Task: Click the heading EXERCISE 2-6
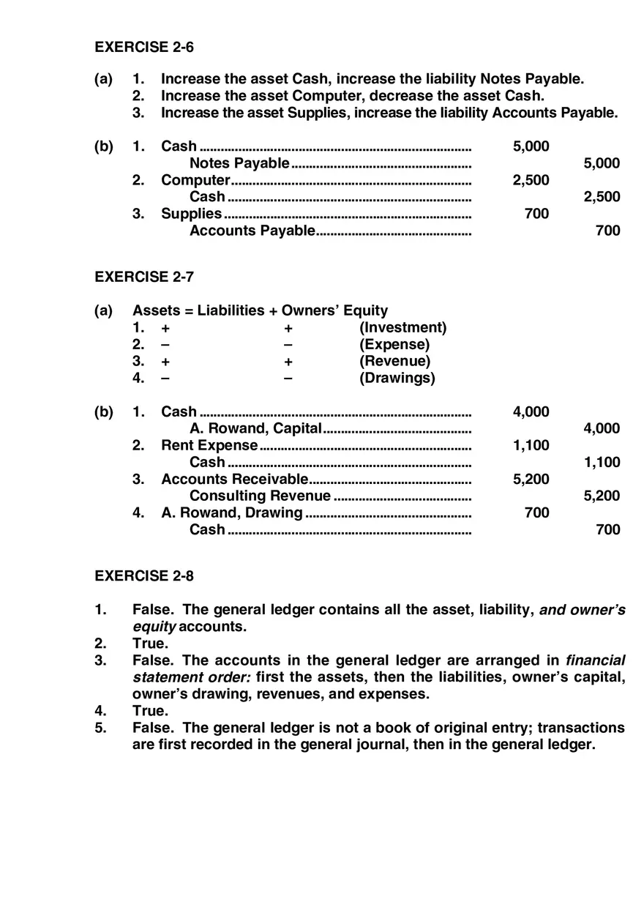144,47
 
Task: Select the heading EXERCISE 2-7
144,277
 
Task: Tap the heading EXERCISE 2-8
144,575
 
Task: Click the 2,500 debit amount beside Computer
531,180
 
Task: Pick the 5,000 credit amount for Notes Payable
602,163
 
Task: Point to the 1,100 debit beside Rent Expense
531,445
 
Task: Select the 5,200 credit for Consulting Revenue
602,496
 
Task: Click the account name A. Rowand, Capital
255,428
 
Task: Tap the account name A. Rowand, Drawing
231,513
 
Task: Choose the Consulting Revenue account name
260,496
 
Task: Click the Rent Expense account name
209,445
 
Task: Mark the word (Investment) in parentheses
402,327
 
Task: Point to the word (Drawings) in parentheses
397,378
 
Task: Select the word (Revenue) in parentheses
394,361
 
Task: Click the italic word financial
596,660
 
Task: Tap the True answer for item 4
150,711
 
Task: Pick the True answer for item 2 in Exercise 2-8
150,644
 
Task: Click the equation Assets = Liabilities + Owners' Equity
260,310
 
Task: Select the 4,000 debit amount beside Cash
531,411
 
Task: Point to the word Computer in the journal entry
195,180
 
